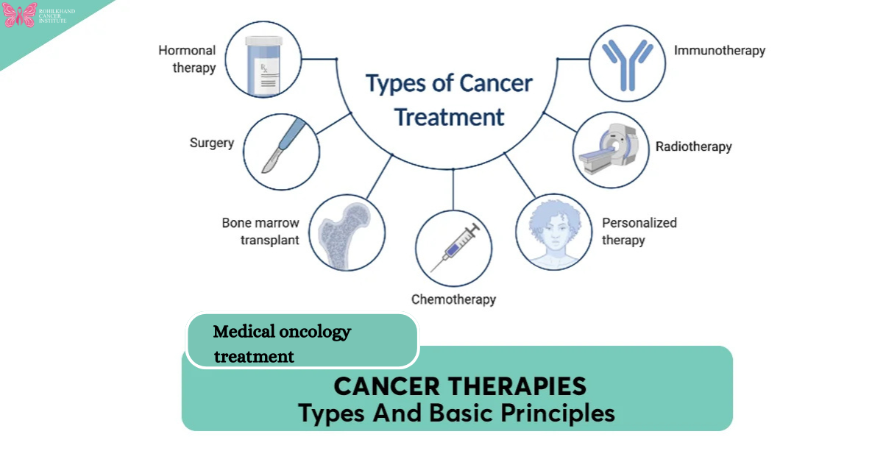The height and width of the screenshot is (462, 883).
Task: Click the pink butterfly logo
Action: click(x=19, y=15)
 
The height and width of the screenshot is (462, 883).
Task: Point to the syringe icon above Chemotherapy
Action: click(x=453, y=249)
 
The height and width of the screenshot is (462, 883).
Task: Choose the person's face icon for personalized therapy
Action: click(x=553, y=229)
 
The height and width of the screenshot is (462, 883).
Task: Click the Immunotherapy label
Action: click(x=720, y=51)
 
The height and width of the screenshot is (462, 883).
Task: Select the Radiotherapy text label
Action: click(x=693, y=146)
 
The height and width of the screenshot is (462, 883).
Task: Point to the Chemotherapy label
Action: click(x=453, y=299)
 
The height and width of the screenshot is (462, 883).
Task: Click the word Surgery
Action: click(x=211, y=143)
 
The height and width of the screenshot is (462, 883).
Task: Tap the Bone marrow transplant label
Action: click(x=260, y=231)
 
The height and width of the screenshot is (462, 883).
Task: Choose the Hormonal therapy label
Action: click(x=187, y=60)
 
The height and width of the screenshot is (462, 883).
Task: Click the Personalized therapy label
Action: click(x=639, y=231)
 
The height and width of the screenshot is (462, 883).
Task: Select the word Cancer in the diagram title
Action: click(x=496, y=83)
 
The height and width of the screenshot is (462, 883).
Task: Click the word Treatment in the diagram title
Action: click(x=450, y=117)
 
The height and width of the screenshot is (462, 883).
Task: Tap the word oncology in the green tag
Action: click(x=315, y=332)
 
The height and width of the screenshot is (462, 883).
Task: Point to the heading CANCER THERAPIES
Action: click(x=460, y=386)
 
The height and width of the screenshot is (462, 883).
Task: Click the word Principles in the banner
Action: click(x=558, y=413)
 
